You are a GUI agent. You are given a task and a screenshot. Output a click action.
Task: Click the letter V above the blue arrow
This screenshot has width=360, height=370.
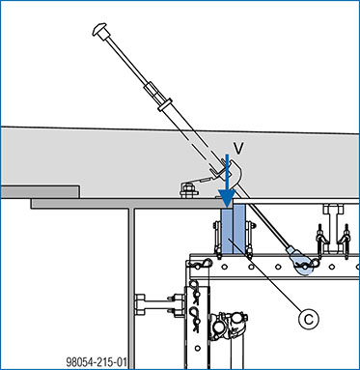tap(237, 148)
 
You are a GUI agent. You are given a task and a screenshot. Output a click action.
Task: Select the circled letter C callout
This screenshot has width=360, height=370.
tap(309, 319)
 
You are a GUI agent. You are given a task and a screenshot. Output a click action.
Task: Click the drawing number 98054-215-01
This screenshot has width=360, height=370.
tap(97, 362)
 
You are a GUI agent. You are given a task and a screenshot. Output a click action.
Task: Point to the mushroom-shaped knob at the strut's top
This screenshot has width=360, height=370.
tap(99, 30)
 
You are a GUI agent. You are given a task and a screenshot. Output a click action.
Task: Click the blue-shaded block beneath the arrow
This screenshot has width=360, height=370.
tap(234, 232)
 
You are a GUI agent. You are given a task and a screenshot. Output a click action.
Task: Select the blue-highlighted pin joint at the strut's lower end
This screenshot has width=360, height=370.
tap(303, 265)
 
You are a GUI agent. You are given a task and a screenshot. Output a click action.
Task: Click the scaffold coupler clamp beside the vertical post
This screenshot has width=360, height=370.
tap(229, 326)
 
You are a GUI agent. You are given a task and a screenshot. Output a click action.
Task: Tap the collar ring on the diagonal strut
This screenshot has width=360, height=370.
tap(165, 105)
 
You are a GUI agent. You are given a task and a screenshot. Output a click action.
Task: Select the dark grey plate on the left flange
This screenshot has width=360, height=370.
tap(40, 191)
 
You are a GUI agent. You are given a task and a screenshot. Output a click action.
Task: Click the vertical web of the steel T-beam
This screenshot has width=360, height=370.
tap(131, 288)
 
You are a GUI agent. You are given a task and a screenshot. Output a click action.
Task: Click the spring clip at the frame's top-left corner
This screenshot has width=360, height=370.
tap(200, 265)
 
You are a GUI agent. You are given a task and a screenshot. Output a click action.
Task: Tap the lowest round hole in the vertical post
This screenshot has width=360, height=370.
tap(197, 349)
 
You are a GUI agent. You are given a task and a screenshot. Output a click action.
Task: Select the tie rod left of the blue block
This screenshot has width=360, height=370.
tap(218, 240)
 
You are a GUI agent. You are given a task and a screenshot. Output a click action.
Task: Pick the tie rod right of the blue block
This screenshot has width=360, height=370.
tap(249, 239)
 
